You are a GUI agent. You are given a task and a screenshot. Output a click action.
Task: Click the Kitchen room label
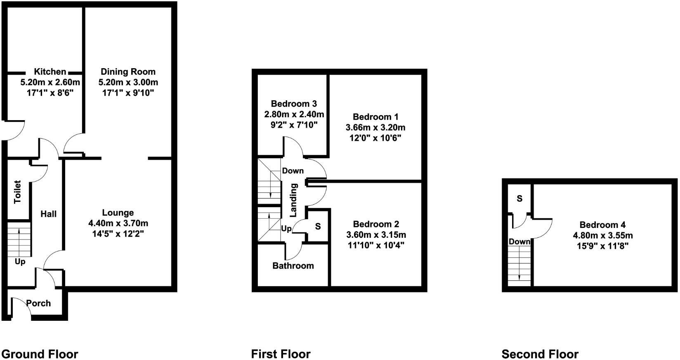tap(50, 72)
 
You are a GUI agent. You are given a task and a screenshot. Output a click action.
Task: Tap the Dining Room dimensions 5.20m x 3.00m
tap(128, 82)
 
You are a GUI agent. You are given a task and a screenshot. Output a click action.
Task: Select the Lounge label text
tap(118, 213)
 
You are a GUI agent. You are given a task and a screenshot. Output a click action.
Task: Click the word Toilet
tap(17, 192)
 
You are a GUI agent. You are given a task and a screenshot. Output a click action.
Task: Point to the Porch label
tap(38, 303)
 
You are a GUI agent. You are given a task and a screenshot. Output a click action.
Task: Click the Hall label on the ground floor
tap(48, 214)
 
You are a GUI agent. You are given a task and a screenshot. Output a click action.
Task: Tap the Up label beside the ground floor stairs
tap(20, 262)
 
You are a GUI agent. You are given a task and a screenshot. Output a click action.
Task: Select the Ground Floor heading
tap(40, 354)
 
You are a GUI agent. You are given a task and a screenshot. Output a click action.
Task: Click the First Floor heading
tap(281, 354)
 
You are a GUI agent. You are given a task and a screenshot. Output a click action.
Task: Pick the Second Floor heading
tap(540, 354)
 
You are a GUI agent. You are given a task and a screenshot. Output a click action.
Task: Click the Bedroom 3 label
tap(294, 104)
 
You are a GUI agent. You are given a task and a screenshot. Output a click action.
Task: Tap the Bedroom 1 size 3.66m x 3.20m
tap(375, 127)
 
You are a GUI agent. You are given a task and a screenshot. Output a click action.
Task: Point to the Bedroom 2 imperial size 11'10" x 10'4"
tap(376, 245)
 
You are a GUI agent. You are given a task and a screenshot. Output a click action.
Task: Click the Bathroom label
tap(293, 265)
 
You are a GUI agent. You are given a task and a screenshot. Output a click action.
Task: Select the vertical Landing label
tap(293, 200)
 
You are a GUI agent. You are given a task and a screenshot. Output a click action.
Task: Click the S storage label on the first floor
tap(318, 227)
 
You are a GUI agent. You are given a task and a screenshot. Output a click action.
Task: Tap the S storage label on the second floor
tap(519, 199)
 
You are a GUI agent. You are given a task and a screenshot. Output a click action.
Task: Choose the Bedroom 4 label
tap(602, 225)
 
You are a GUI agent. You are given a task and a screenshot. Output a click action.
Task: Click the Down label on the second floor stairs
tap(519, 242)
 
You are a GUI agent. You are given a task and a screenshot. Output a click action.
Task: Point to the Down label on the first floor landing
tap(293, 171)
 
